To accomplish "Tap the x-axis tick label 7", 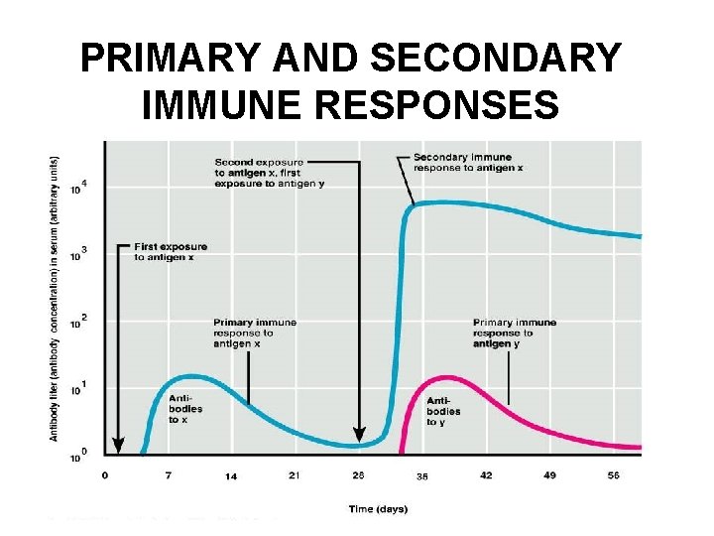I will tap(168, 475).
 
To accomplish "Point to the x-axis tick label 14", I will tap(230, 476).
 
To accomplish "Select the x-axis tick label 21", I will tap(294, 475).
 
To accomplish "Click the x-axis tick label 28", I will tap(358, 475).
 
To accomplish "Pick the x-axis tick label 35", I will tap(421, 476).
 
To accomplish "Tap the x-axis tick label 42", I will tap(486, 475).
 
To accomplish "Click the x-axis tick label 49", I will tap(549, 475).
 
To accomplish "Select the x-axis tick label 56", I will tap(614, 475).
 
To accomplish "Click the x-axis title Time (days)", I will tap(377, 509).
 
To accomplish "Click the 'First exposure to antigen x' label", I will tap(171, 252).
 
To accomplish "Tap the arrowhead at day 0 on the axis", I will tap(118, 446).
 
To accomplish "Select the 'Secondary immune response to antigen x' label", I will tap(469, 163).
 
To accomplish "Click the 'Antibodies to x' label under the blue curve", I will tap(185, 408).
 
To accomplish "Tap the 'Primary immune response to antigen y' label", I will tap(515, 333).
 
